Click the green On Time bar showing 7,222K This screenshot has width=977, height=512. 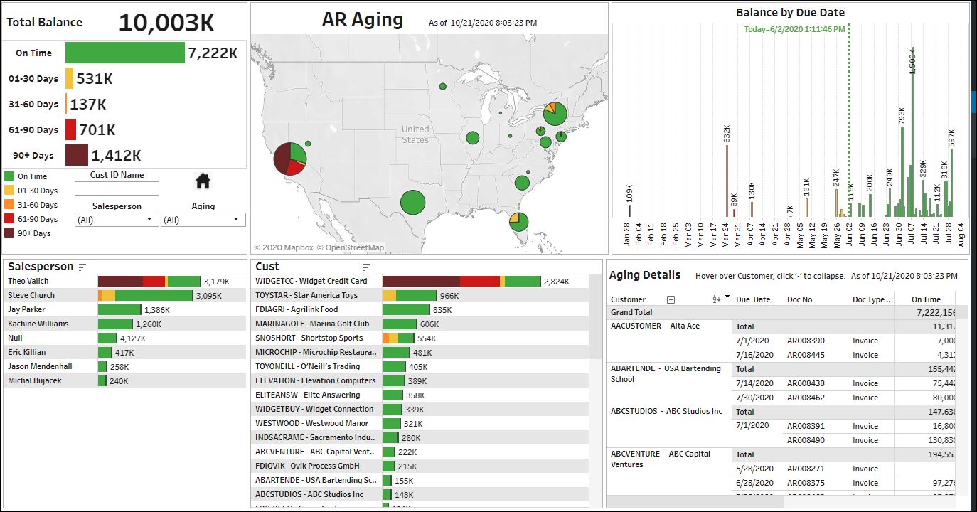(124, 53)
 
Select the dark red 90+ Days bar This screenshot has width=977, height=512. (77, 155)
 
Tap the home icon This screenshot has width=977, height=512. (203, 181)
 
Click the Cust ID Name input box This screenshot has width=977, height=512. (117, 188)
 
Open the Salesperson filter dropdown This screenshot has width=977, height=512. (117, 220)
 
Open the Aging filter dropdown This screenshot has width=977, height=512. (203, 220)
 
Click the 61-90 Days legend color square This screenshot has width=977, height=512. (9, 219)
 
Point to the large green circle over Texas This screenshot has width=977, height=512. (412, 202)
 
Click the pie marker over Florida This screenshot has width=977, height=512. (519, 221)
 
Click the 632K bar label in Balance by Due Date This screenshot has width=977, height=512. (727, 134)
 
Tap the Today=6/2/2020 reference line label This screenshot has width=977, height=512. (794, 29)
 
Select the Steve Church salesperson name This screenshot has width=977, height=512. (31, 295)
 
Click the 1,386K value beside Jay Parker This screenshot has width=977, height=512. (156, 310)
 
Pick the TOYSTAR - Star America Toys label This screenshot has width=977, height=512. (306, 295)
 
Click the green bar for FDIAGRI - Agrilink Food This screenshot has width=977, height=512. (405, 310)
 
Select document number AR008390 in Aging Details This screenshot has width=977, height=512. (806, 341)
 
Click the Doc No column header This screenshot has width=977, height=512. (799, 299)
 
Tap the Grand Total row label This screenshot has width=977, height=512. (631, 312)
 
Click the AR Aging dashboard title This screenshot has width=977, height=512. (363, 20)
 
